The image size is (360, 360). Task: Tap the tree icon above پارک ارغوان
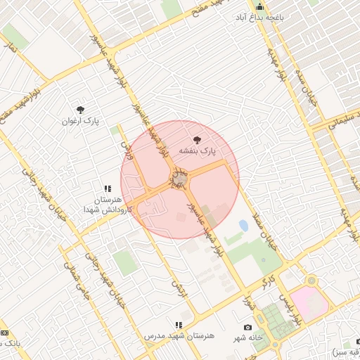(x=80, y=110)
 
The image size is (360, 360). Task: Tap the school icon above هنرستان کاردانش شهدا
(x=108, y=188)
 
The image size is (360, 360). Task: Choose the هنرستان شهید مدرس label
(x=179, y=336)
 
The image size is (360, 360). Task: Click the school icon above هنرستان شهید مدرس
(x=179, y=325)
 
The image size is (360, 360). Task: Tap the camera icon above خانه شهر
(x=247, y=327)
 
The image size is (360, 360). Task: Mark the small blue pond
(x=243, y=226)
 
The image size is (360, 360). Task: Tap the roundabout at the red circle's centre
(x=180, y=180)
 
